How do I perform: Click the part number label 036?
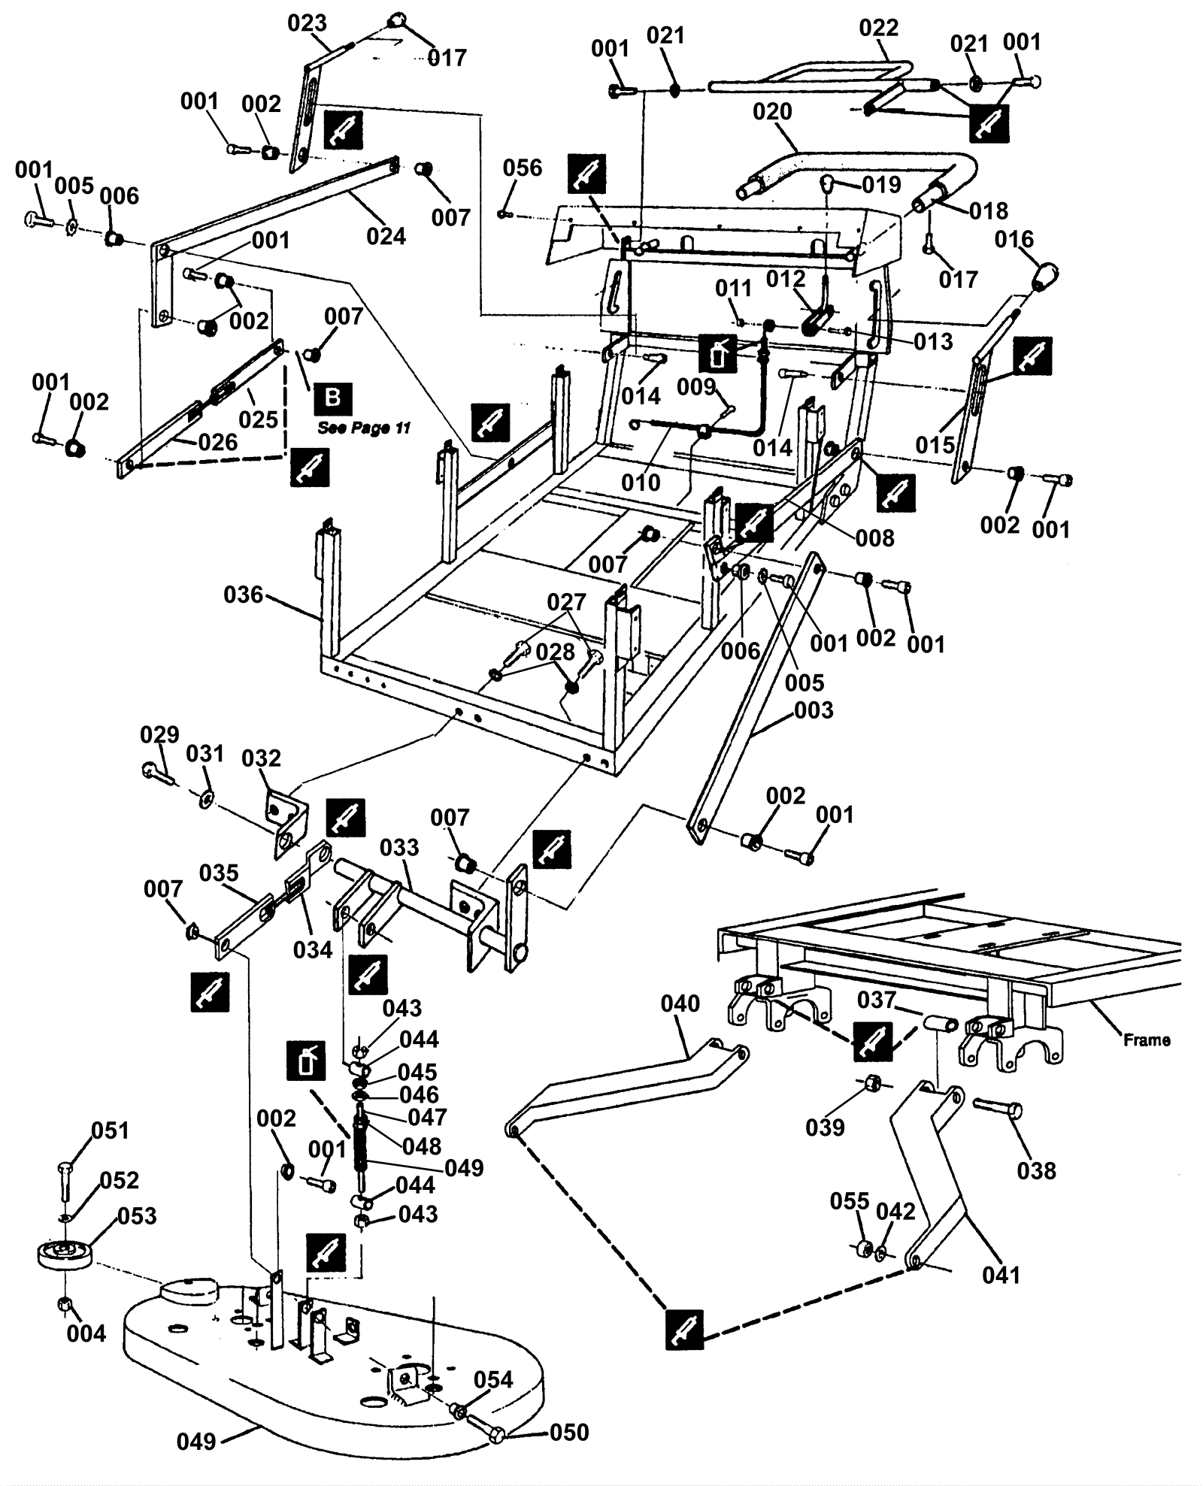coord(243,595)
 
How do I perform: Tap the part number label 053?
coord(138,1216)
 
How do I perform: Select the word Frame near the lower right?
coord(1147,1040)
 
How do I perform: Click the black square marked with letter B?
coord(332,399)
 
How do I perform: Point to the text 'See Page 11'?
coord(364,428)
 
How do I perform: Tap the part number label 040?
coord(680,1003)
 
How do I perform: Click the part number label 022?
coord(878,28)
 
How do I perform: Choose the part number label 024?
coord(386,236)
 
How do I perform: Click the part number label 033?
coord(399,847)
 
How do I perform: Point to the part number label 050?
coord(569,1433)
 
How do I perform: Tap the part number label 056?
coord(523,168)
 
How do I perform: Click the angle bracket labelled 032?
coord(286,819)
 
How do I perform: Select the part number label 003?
coord(814,710)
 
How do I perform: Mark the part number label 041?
coord(1001,1275)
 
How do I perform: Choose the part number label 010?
coord(641,482)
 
